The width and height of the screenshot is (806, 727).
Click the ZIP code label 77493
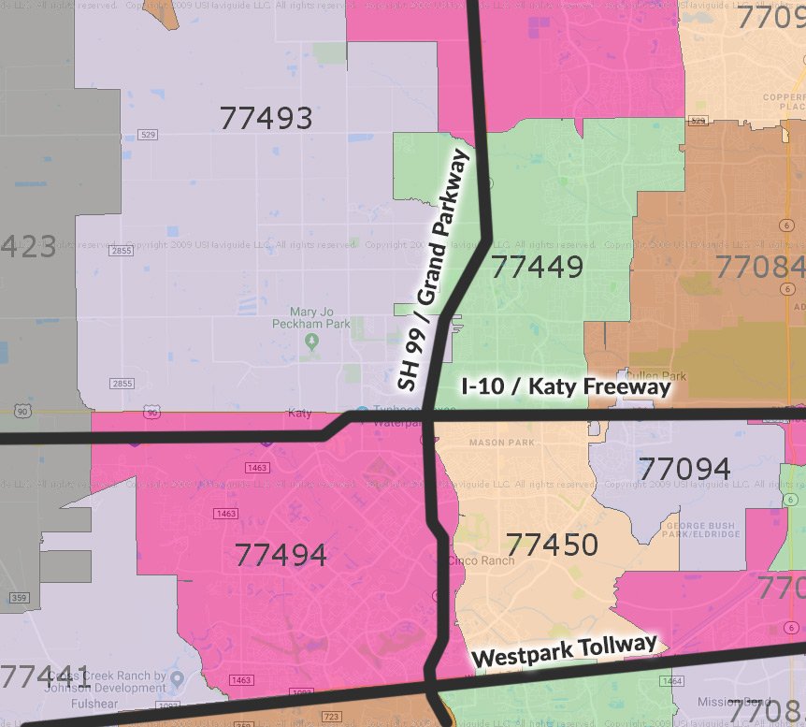pyautogui.click(x=266, y=118)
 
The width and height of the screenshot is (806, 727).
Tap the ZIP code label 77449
pyautogui.click(x=538, y=268)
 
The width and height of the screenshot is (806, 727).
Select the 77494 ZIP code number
pyautogui.click(x=281, y=555)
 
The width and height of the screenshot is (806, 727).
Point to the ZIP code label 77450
pyautogui.click(x=552, y=544)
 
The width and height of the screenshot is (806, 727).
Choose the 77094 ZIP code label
pyautogui.click(x=684, y=468)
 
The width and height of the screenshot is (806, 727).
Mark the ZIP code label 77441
pyautogui.click(x=45, y=676)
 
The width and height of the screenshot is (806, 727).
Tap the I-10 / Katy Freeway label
pyautogui.click(x=567, y=386)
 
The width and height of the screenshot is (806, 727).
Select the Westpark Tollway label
pyautogui.click(x=564, y=650)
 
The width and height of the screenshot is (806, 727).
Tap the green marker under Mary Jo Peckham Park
pyautogui.click(x=312, y=342)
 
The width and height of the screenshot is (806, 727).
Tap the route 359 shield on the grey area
pyautogui.click(x=20, y=598)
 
